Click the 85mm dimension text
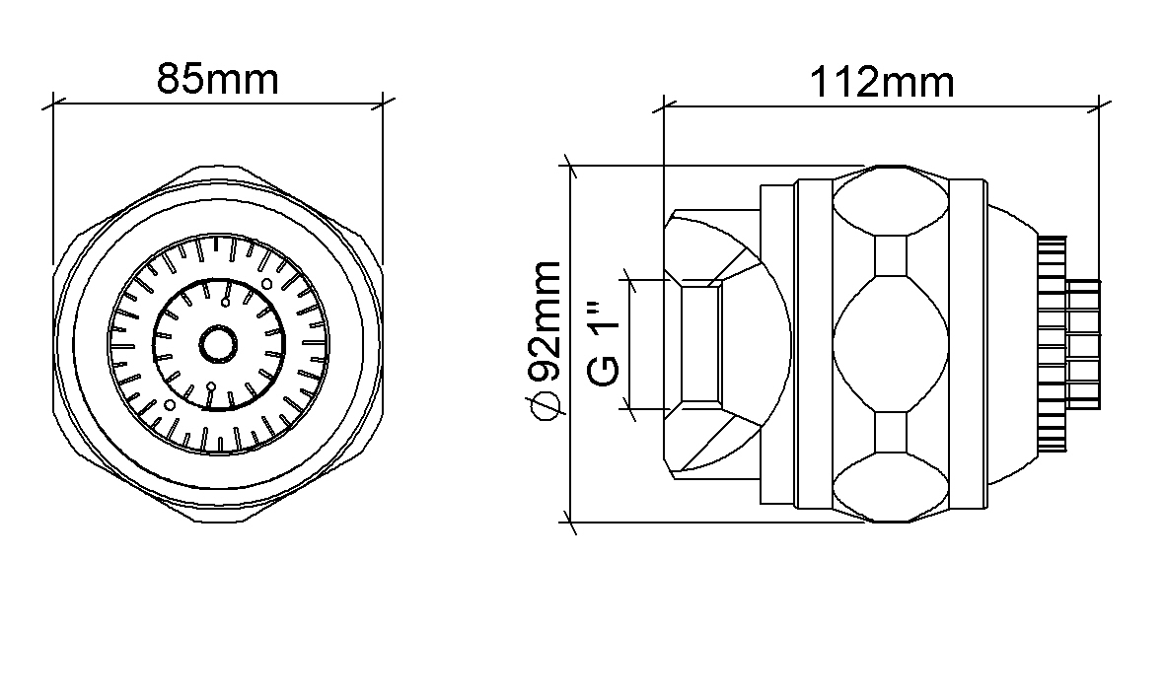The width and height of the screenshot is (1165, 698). [218, 80]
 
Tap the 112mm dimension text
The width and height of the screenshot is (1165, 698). [881, 83]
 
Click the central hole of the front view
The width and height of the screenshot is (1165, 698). [218, 344]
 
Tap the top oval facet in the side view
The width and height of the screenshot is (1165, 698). [891, 201]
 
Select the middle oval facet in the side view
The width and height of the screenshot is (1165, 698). [891, 344]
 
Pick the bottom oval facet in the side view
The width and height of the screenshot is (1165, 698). [891, 486]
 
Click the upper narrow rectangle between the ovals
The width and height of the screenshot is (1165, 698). [892, 255]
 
